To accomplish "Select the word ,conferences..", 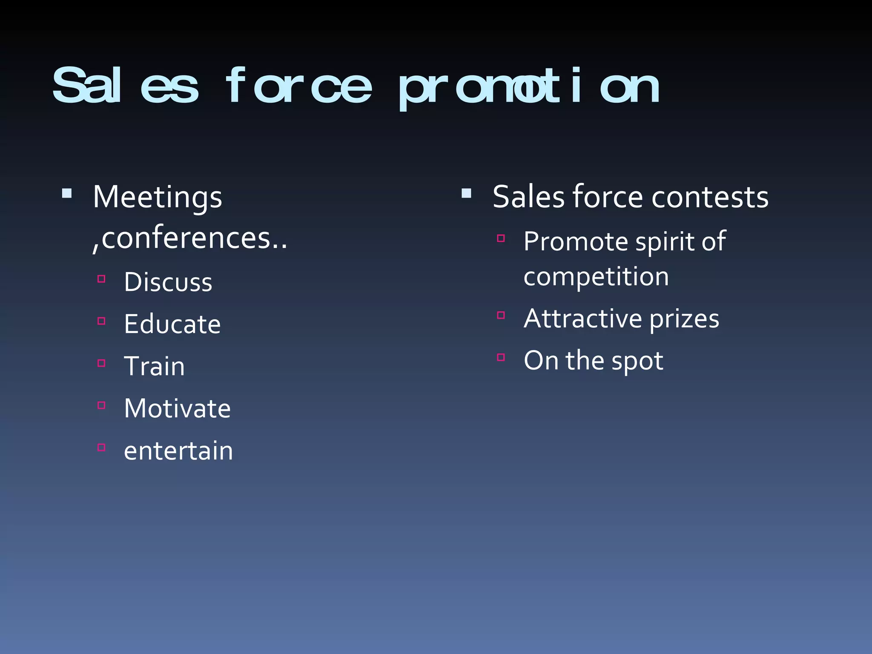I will pos(189,238).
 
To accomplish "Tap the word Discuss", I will pos(168,282).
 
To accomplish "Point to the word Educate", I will pos(172,324).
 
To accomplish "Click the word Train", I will pos(154,366).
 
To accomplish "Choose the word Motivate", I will pos(177,408).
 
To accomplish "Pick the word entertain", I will pos(178,451).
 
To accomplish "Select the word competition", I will pos(596,277).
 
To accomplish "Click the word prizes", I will pos(684,319).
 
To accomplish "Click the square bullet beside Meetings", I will pos(67,194).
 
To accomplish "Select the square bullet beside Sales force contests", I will pos(467,194).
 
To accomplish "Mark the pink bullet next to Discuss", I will pos(101,279).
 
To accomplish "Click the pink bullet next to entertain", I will pos(101,447).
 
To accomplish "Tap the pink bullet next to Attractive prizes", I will pos(501,316).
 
